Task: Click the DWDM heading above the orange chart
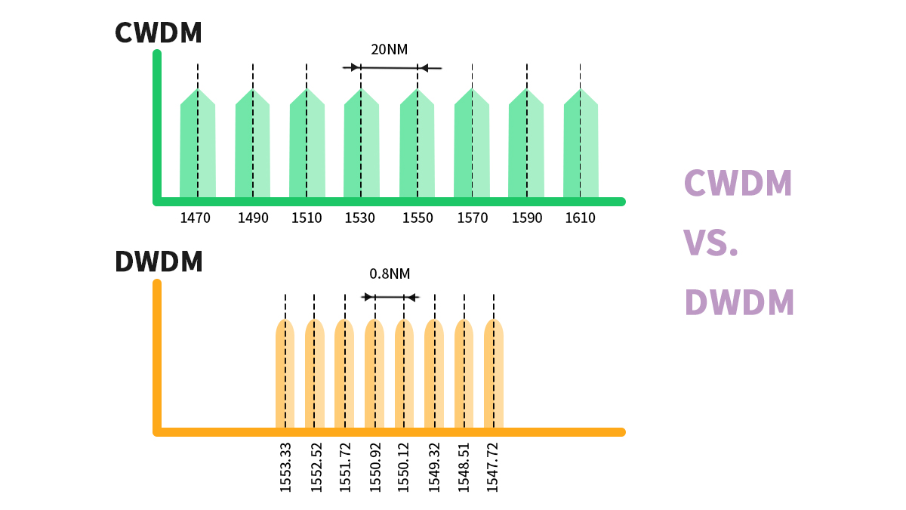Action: click(x=159, y=261)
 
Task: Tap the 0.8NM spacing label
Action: click(x=390, y=274)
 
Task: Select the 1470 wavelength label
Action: click(x=196, y=218)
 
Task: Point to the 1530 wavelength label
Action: click(x=360, y=218)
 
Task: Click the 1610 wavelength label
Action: click(x=580, y=218)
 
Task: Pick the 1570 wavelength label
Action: click(x=473, y=218)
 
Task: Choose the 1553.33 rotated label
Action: click(x=285, y=468)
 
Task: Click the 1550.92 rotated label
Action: click(x=375, y=468)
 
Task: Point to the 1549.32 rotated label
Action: click(x=434, y=468)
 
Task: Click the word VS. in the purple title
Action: click(x=710, y=243)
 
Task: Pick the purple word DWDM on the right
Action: click(x=739, y=302)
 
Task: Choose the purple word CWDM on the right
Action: click(x=738, y=184)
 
